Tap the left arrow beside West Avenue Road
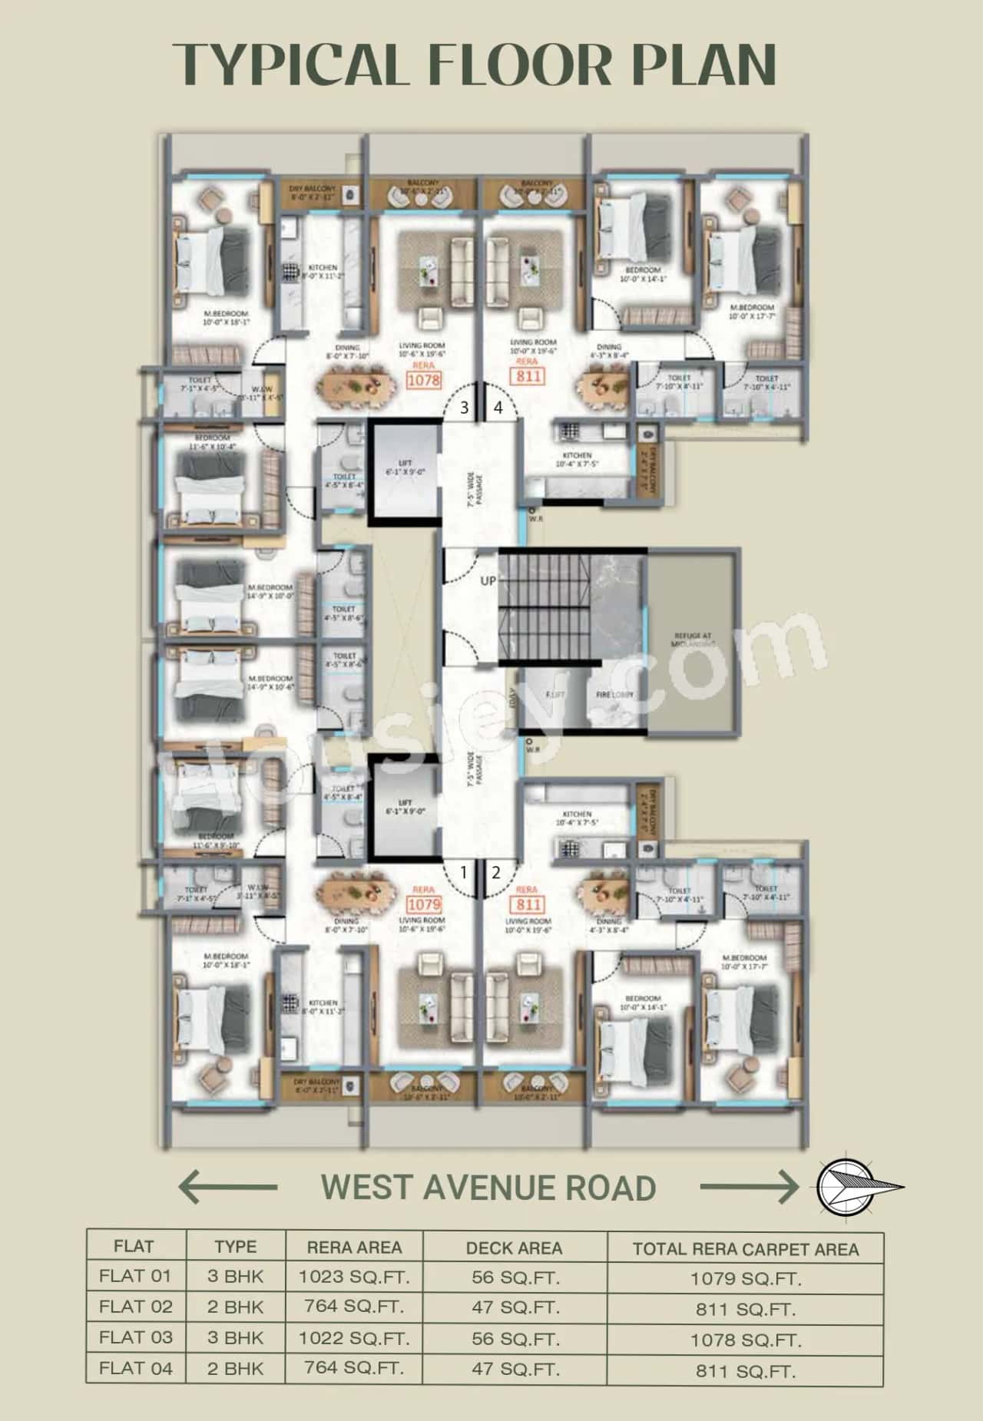tap(227, 1187)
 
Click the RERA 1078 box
tap(423, 379)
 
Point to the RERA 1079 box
tap(423, 904)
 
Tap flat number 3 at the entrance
tap(464, 408)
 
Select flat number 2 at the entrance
tap(496, 872)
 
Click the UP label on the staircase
tap(488, 581)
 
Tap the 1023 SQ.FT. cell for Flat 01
tap(354, 1277)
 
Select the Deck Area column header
tap(514, 1248)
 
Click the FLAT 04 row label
tap(136, 1368)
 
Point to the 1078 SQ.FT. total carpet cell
tap(746, 1340)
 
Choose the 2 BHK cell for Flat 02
tap(235, 1307)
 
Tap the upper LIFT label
tap(405, 463)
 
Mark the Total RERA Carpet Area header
tap(746, 1249)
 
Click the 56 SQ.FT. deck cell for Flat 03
tap(515, 1338)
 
